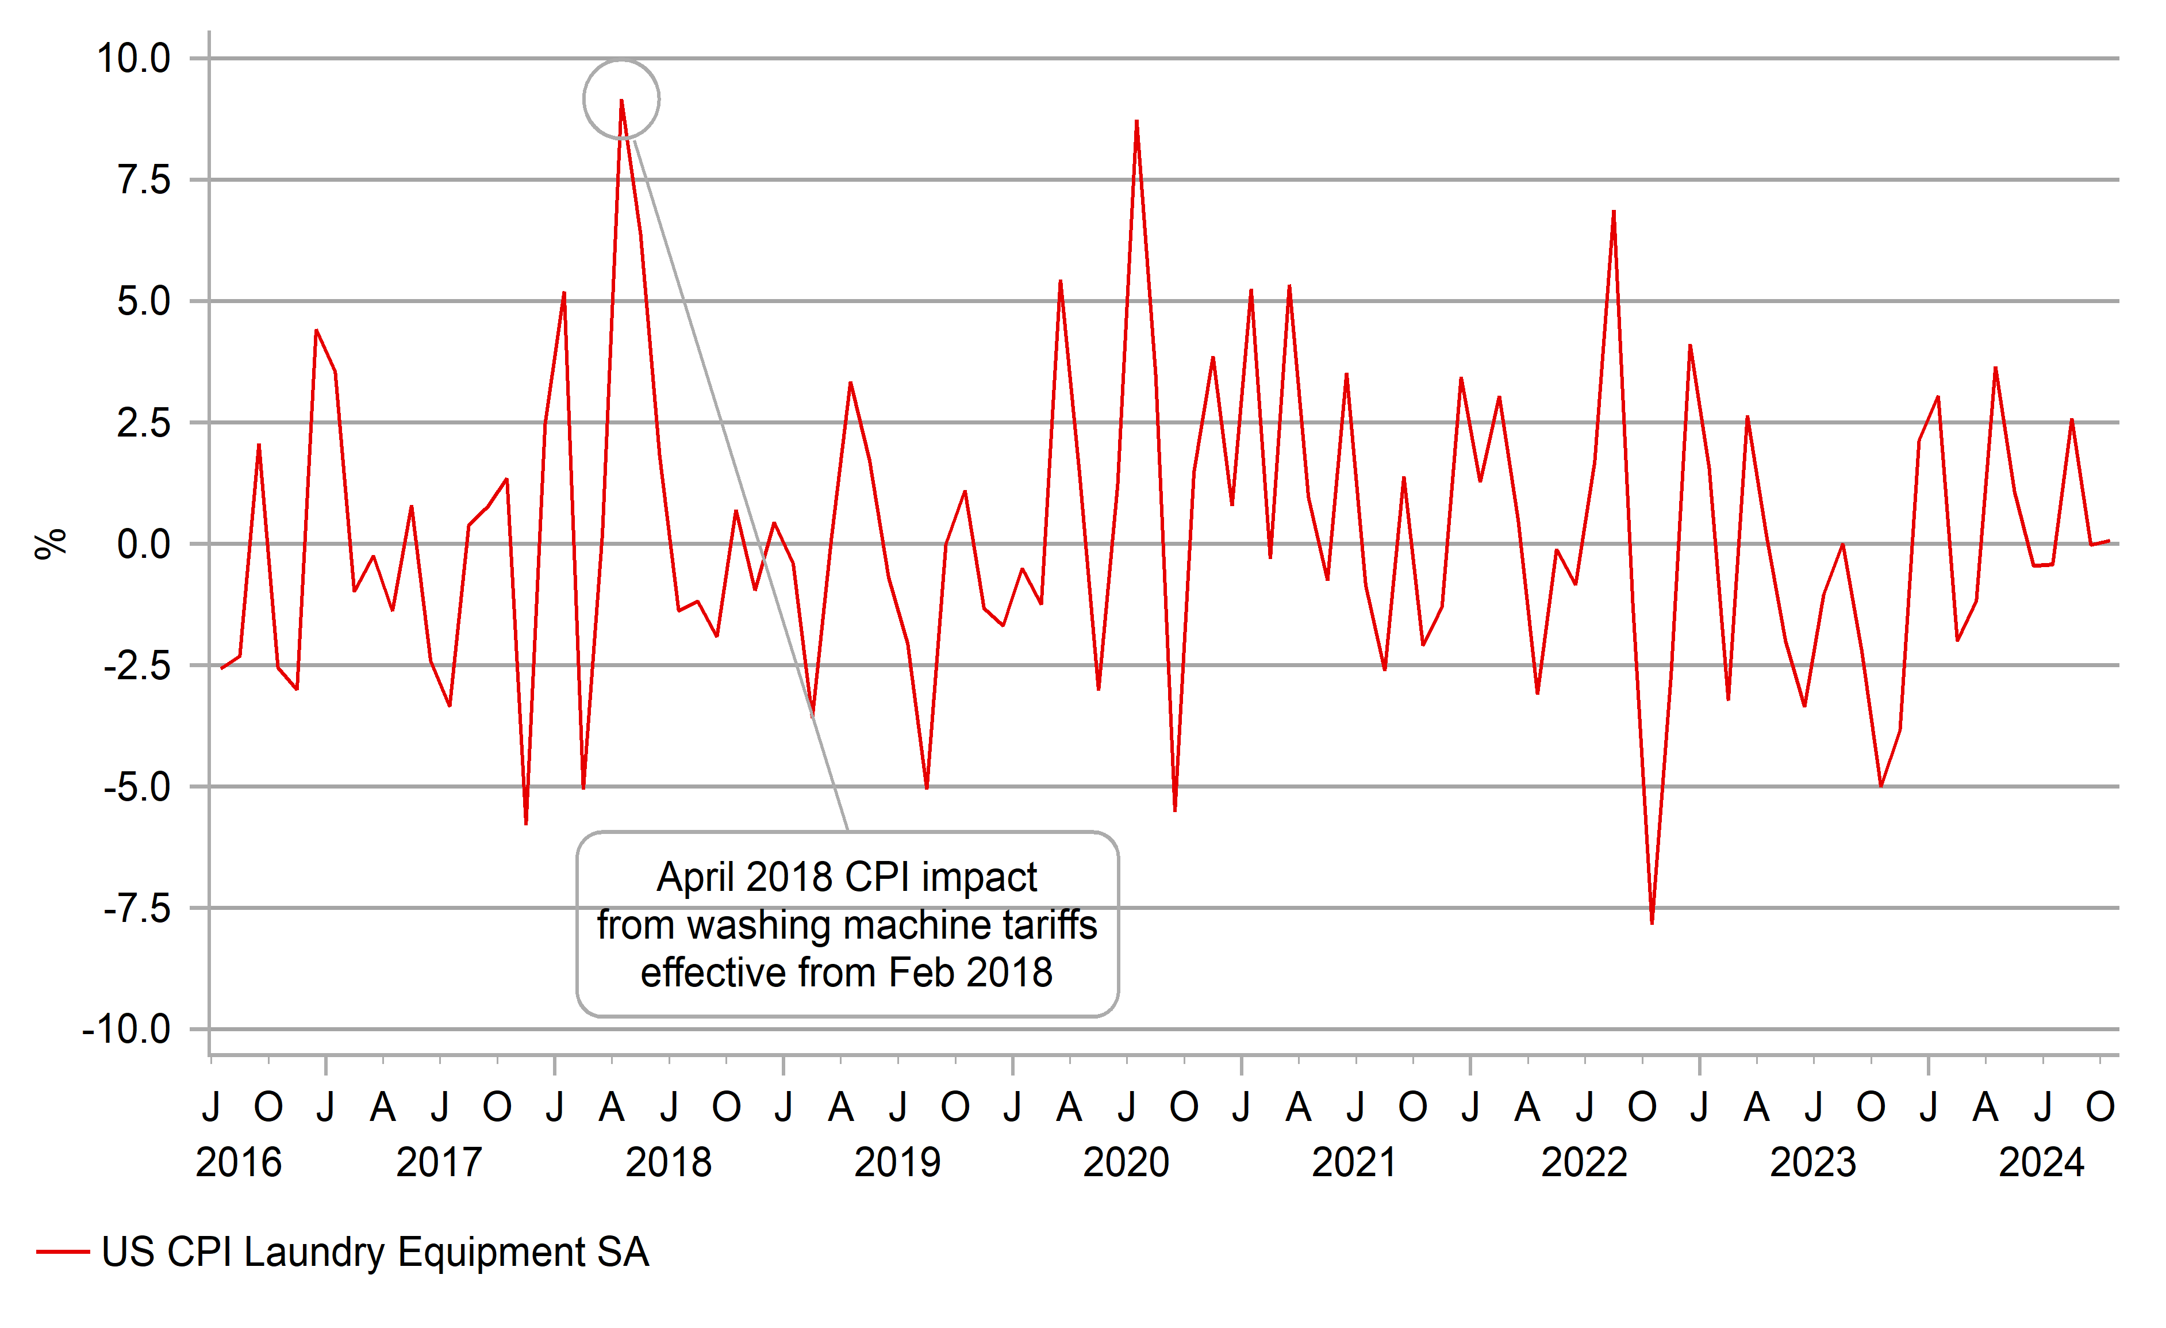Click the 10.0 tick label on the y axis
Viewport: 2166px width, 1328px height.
pyautogui.click(x=133, y=59)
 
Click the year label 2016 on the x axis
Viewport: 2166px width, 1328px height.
pyautogui.click(x=238, y=1163)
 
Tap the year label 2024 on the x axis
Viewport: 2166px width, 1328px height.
pyautogui.click(x=2041, y=1163)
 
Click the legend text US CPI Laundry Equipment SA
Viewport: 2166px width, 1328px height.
pyautogui.click(x=375, y=1252)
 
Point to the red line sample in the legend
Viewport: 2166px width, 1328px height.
pyautogui.click(x=63, y=1252)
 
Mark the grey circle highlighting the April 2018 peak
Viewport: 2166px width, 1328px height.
pyautogui.click(x=621, y=62)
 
